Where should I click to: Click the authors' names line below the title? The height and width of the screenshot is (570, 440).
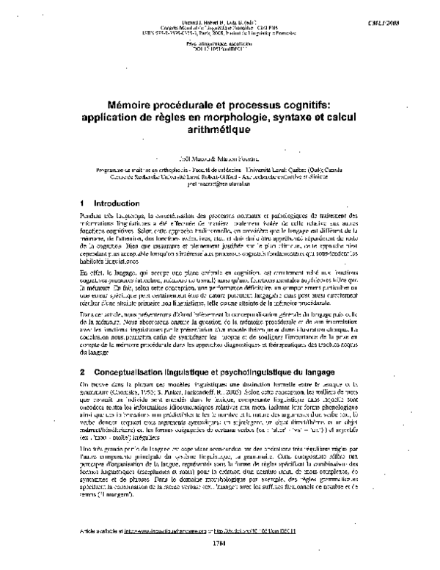point(219,158)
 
